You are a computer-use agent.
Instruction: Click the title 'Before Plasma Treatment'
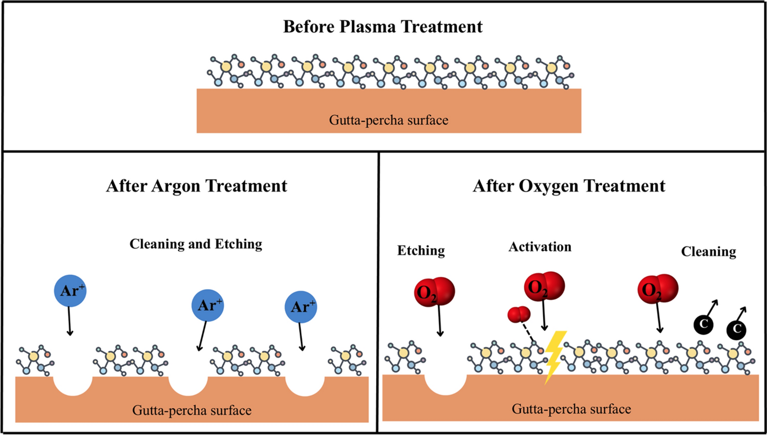[382, 27]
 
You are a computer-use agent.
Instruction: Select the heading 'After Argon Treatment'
[197, 186]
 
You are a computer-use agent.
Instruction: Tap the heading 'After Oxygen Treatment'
[569, 186]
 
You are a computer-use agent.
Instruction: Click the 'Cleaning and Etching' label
[196, 244]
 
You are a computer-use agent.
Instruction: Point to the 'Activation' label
[540, 247]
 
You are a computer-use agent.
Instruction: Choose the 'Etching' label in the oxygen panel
[421, 251]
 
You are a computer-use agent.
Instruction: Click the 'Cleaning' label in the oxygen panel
[708, 252]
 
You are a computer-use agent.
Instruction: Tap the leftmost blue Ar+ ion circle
[70, 291]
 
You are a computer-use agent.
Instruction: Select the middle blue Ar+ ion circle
[207, 306]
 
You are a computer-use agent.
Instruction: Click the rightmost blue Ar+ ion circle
[301, 307]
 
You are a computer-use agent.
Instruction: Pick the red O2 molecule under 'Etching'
[434, 291]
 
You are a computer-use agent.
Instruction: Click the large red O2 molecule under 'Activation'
[544, 287]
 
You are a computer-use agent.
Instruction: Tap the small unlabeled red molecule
[519, 314]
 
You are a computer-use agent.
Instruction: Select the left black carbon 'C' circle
[704, 324]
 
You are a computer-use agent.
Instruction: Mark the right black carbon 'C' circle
[736, 329]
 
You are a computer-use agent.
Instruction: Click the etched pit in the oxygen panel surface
[445, 384]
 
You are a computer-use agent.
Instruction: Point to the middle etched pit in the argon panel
[188, 385]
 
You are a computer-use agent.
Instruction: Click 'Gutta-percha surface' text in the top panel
[388, 120]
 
